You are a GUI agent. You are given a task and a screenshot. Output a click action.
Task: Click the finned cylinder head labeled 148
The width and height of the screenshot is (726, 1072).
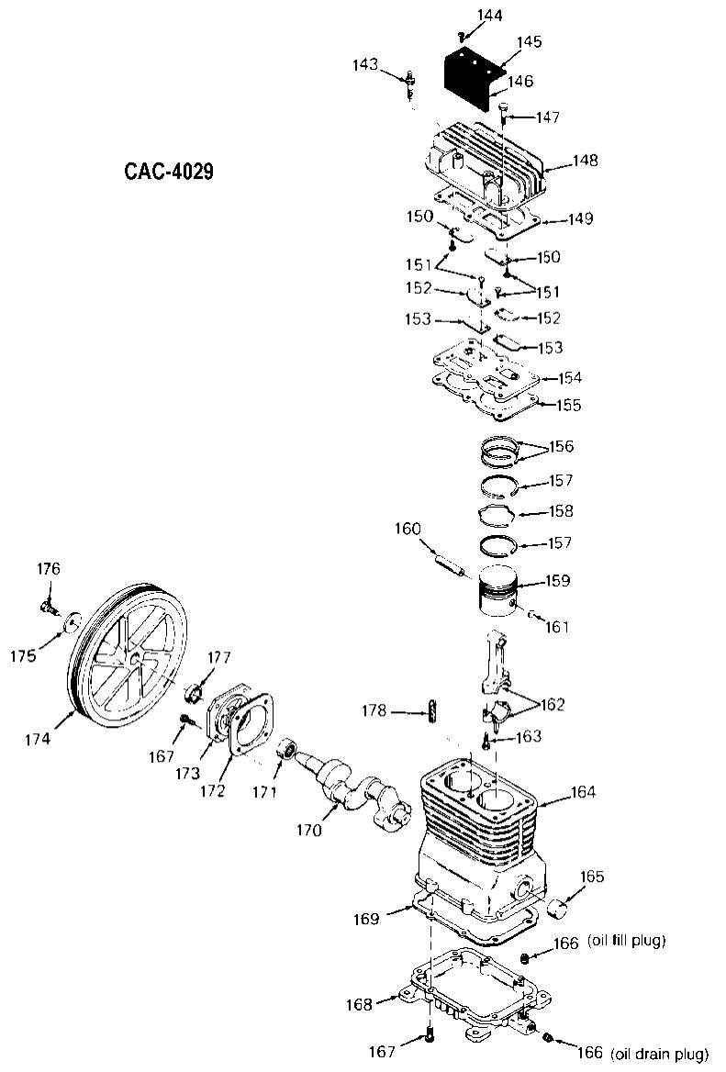[486, 165]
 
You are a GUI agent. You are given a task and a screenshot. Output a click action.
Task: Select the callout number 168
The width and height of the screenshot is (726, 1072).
[360, 1004]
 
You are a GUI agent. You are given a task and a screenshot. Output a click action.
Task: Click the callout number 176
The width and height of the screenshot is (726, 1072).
[49, 569]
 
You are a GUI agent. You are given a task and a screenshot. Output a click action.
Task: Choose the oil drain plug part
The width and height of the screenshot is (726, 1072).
[548, 1038]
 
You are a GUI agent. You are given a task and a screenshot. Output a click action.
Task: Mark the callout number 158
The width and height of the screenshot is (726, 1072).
[561, 511]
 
